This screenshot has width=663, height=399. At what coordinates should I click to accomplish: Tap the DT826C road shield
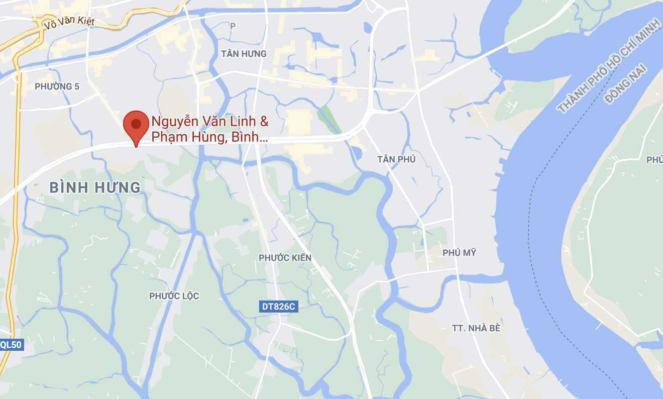click(279, 306)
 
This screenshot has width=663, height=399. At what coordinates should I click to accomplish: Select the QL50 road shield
click(11, 344)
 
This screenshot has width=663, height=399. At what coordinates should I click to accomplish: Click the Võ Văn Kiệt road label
click(69, 22)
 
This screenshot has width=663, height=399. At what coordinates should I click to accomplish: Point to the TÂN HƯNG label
click(244, 53)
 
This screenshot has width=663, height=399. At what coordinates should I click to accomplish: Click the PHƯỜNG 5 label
click(57, 86)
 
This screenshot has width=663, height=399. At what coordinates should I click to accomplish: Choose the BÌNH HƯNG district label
click(95, 187)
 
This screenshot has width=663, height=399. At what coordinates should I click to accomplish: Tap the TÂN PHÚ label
click(396, 159)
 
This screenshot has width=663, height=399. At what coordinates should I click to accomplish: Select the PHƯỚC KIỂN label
click(285, 258)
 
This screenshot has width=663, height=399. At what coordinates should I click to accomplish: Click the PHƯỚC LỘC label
click(174, 296)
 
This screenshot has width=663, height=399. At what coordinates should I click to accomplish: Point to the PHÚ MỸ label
click(459, 253)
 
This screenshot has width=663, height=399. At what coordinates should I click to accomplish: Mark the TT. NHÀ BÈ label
click(476, 328)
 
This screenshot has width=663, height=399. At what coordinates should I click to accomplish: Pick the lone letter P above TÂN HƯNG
click(232, 26)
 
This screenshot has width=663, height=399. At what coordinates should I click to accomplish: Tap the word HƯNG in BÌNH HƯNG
click(119, 187)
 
